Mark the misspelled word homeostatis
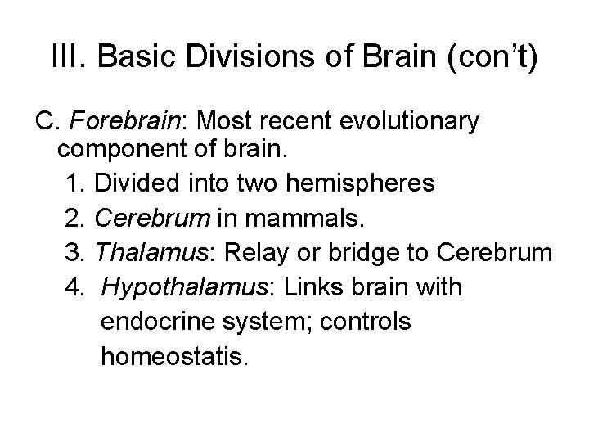173,357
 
